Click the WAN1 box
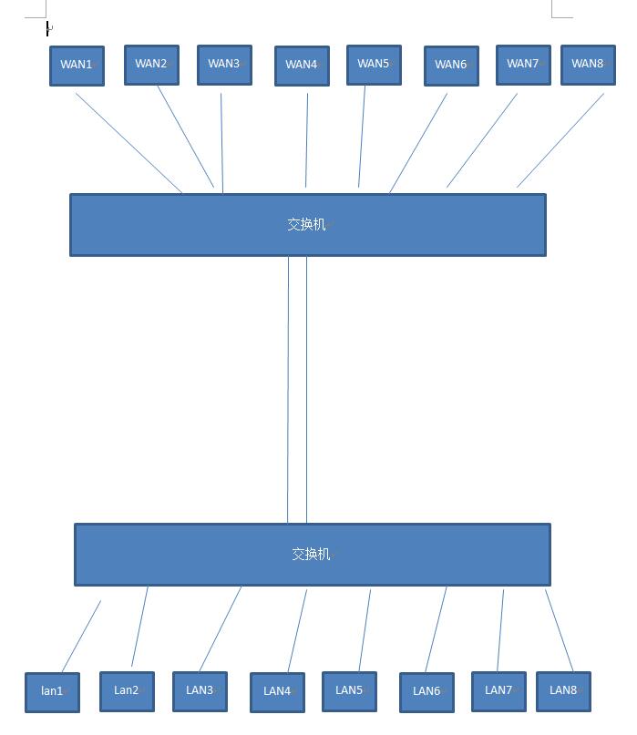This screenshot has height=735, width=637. click(x=77, y=66)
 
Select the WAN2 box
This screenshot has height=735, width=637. click(x=151, y=65)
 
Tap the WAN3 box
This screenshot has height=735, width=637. click(x=224, y=65)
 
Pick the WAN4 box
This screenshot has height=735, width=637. click(x=302, y=66)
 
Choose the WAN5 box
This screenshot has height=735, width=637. click(x=374, y=65)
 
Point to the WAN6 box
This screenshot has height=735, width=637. click(x=451, y=66)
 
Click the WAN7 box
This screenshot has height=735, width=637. click(x=523, y=65)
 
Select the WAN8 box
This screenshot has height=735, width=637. click(x=588, y=65)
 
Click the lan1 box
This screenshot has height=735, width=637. click(x=52, y=692)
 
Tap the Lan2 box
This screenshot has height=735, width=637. click(x=127, y=691)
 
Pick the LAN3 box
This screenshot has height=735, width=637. click(x=200, y=691)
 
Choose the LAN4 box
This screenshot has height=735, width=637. click(x=277, y=692)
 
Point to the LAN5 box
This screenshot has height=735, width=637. click(x=349, y=691)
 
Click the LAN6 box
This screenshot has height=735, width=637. click(x=426, y=692)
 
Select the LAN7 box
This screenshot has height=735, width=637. click(x=498, y=691)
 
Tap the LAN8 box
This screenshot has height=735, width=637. click(x=563, y=691)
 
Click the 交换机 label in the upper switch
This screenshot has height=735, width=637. click(x=306, y=224)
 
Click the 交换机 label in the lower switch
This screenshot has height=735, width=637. click(x=311, y=554)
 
